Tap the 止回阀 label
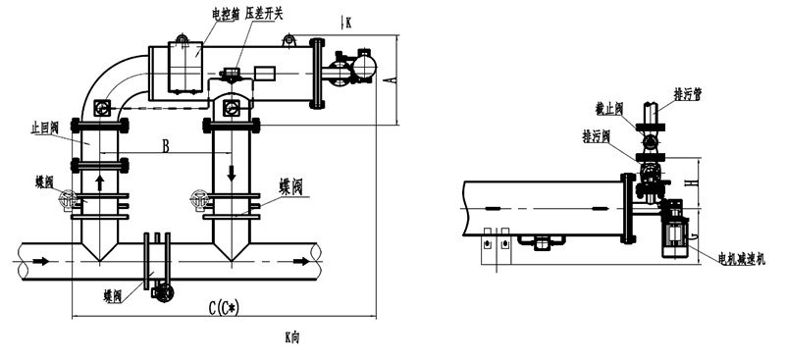[44, 126]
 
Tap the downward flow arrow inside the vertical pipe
[232, 173]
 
